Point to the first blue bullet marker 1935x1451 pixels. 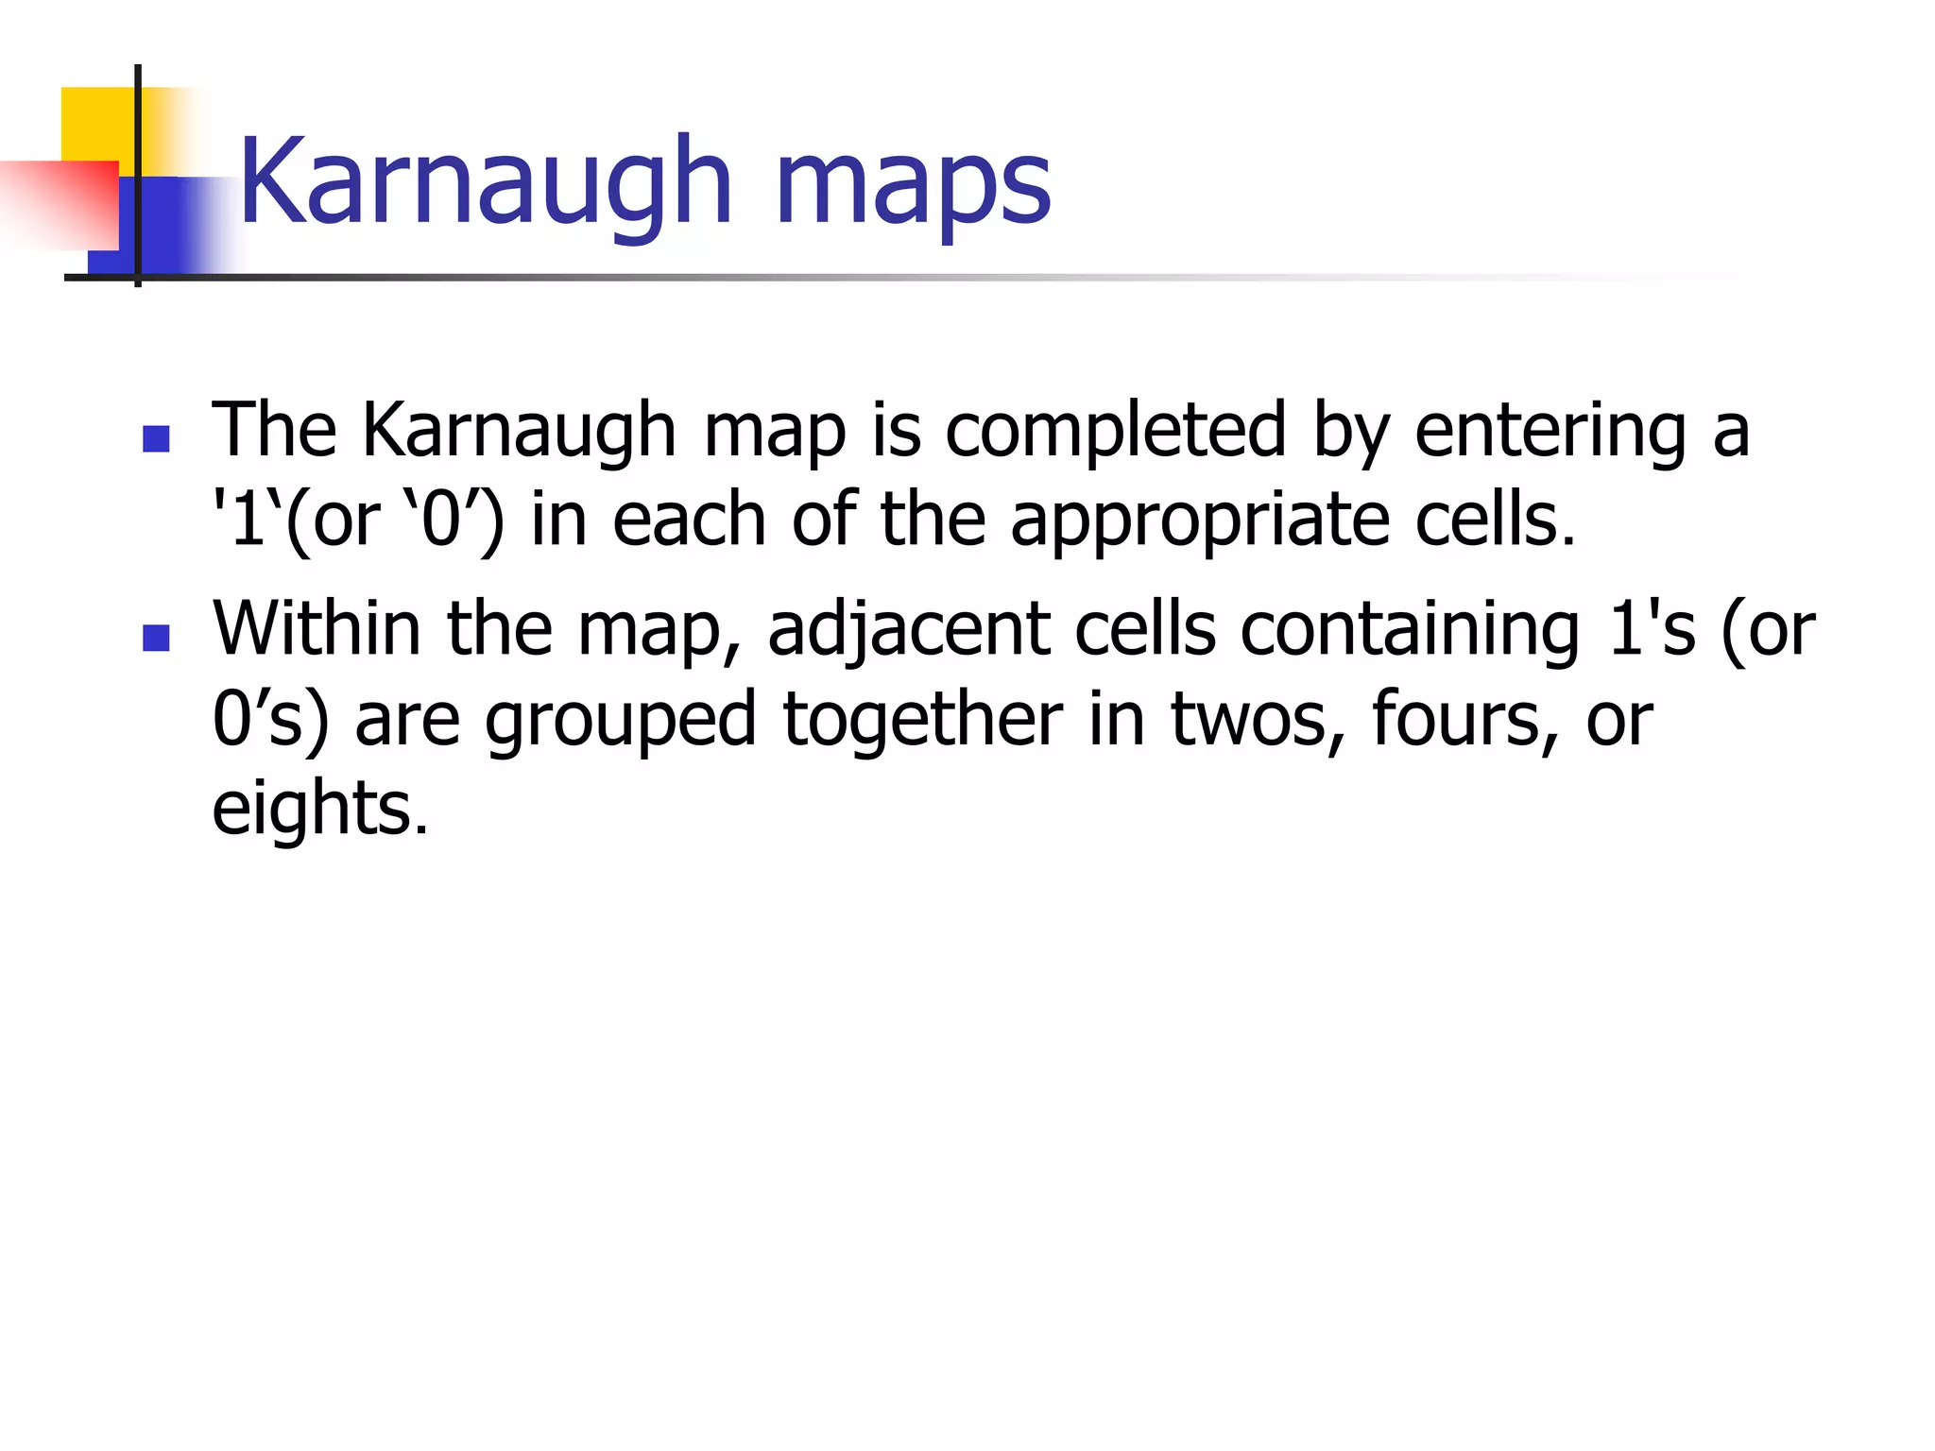tap(156, 438)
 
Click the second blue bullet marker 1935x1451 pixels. tap(156, 638)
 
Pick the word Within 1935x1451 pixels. tap(317, 628)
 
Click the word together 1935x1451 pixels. tap(923, 720)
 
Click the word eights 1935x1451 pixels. tap(319, 811)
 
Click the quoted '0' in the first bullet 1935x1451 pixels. tap(440, 520)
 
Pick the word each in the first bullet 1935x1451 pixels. tap(688, 520)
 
